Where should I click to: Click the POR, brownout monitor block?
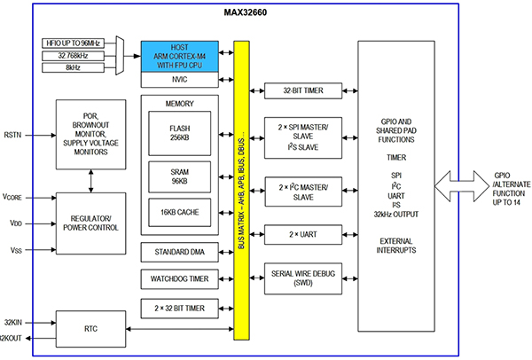[90, 134]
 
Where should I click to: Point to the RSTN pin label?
[12, 136]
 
